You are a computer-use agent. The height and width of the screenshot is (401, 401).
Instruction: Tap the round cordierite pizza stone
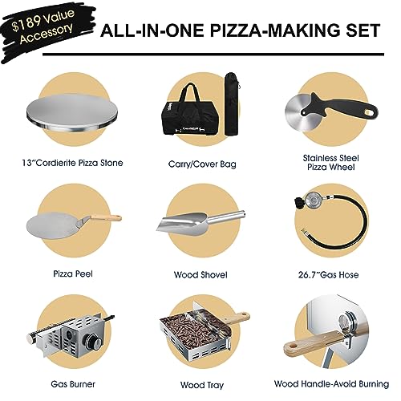click(x=73, y=119)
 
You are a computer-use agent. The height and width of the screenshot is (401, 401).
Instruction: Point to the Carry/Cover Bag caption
click(x=199, y=164)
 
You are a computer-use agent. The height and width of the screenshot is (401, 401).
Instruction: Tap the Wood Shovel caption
click(x=199, y=273)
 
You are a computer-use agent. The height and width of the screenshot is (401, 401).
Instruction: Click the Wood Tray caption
click(x=199, y=386)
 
